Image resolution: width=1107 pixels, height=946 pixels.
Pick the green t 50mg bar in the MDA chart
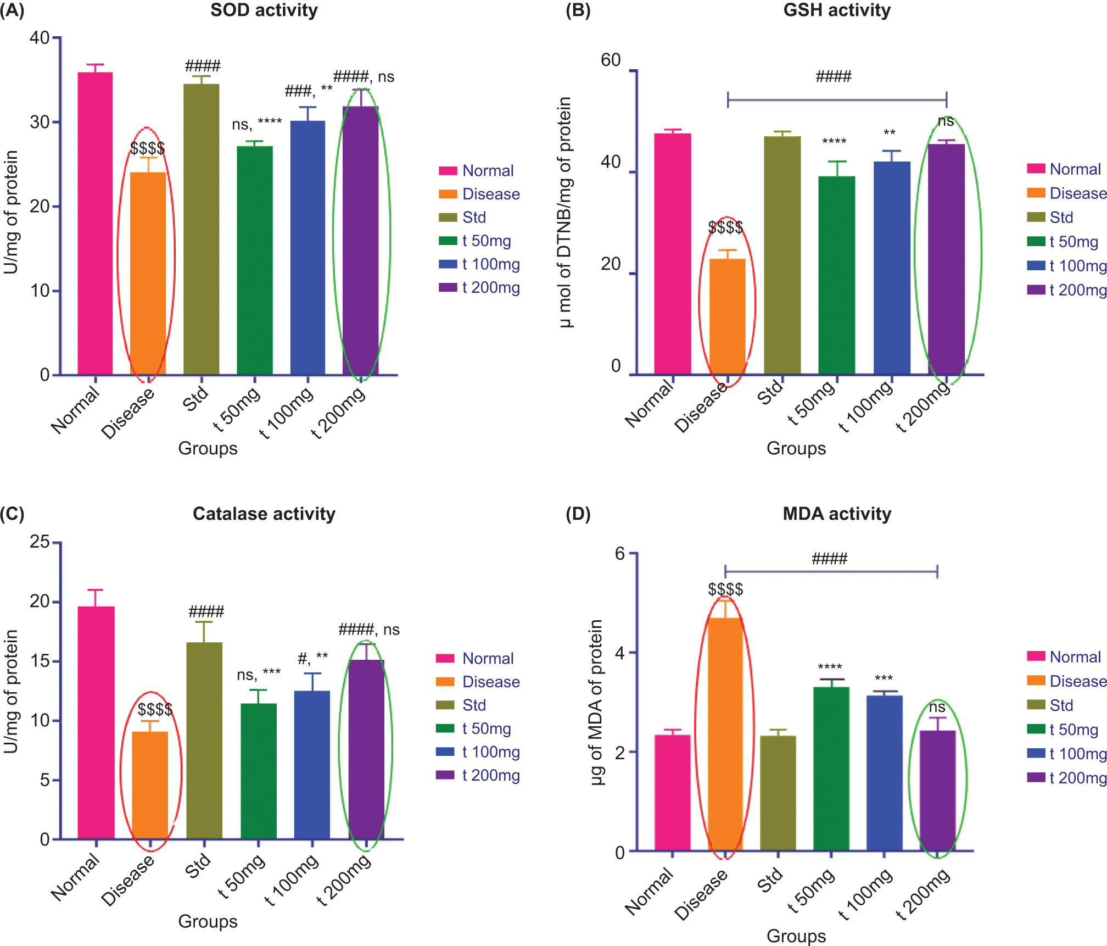(x=831, y=769)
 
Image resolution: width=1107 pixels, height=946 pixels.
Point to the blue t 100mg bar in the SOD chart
(x=307, y=248)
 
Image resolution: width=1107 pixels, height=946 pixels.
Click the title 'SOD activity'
(x=264, y=10)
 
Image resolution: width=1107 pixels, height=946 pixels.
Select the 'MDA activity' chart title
(x=836, y=514)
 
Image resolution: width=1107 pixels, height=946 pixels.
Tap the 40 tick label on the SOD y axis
(x=40, y=38)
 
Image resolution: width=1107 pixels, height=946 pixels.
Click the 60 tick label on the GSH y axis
(x=611, y=60)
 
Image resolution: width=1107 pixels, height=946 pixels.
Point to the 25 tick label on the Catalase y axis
(x=40, y=542)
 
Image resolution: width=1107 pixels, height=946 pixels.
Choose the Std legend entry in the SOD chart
(x=473, y=218)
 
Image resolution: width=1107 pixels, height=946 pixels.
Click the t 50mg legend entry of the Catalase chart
(x=486, y=728)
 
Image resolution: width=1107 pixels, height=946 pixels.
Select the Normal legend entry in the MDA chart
(x=1075, y=657)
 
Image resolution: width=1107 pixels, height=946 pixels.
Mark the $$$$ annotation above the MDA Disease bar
(x=725, y=589)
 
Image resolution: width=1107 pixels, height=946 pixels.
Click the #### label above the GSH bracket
(x=833, y=76)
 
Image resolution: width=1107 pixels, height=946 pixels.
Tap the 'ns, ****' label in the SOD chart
(x=256, y=124)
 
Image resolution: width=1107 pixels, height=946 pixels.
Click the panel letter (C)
(x=12, y=514)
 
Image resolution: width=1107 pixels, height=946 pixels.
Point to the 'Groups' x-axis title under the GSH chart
(x=796, y=448)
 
